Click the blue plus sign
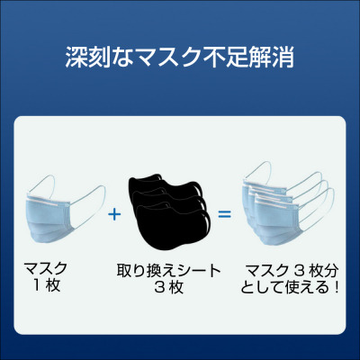[114, 214]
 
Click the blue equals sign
[224, 214]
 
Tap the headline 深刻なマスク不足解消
[180, 57]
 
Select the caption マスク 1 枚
[47, 276]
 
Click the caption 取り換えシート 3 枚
[168, 279]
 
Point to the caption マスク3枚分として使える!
[290, 279]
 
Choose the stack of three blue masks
[289, 206]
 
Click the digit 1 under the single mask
[37, 285]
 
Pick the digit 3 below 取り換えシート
[159, 287]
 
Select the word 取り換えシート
[168, 271]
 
